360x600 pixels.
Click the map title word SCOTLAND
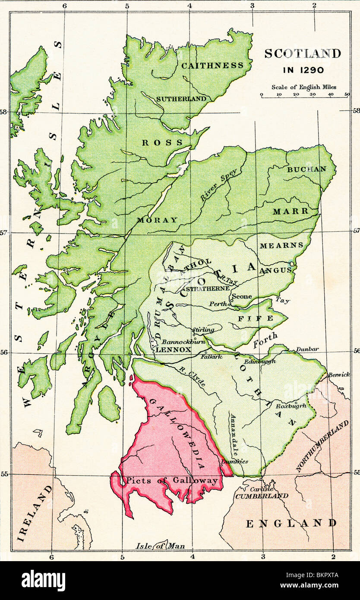302,54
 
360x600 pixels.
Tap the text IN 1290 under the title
303,70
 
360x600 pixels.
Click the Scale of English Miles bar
304,97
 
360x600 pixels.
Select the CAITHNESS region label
212,66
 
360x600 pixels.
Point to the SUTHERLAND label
181,99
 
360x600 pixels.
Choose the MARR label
291,211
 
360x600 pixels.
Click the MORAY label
157,220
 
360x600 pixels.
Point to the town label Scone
242,297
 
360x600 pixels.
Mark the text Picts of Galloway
172,480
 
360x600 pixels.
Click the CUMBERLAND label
261,496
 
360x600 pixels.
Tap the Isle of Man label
161,546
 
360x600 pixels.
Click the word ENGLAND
291,524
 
